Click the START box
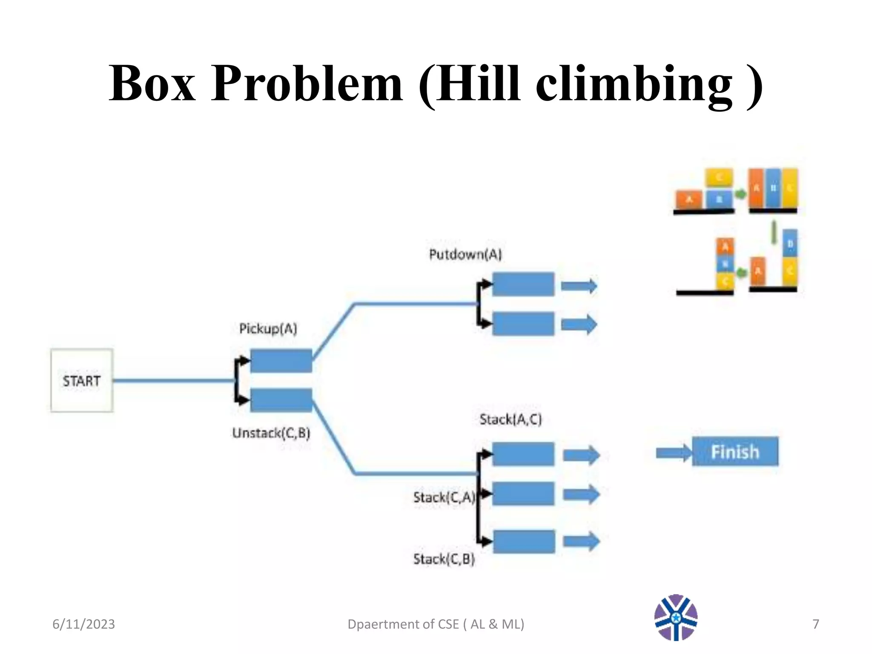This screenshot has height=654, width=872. [x=82, y=380]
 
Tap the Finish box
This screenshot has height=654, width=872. [x=735, y=451]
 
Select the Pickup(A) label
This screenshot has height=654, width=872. [x=268, y=329]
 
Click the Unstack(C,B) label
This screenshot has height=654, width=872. [x=271, y=433]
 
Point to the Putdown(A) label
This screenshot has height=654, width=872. [x=465, y=255]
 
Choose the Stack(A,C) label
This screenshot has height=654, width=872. [x=511, y=419]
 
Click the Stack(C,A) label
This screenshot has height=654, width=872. [x=444, y=497]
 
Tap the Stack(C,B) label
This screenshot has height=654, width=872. [x=444, y=559]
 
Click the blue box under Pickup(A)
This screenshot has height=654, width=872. [x=281, y=361]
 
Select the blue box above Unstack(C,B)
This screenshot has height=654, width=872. [x=281, y=400]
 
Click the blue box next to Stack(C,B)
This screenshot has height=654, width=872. [x=524, y=541]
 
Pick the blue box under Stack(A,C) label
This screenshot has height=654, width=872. [x=523, y=454]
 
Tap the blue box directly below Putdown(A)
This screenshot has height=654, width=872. [x=523, y=284]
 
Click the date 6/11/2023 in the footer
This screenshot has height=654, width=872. [x=83, y=624]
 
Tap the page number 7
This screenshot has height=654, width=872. [x=815, y=624]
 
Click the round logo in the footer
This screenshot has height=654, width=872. [x=676, y=617]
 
